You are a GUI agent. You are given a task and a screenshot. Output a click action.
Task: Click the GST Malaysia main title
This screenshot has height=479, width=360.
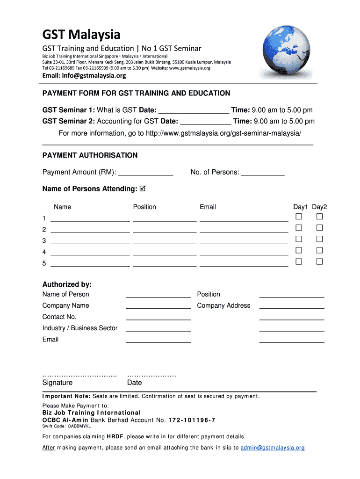pyautogui.click(x=81, y=34)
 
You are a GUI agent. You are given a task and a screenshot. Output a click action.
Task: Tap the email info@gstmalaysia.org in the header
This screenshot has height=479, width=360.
pyautogui.click(x=84, y=76)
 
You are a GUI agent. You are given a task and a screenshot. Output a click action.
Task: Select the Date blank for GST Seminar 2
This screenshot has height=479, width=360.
pyautogui.click(x=205, y=122)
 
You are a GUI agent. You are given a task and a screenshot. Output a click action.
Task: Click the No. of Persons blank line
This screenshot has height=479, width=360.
pyautogui.click(x=263, y=173)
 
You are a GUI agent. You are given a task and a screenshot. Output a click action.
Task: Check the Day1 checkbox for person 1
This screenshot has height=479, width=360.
pyautogui.click(x=299, y=217)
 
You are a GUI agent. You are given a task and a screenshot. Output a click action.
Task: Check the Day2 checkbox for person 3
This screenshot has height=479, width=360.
pyautogui.click(x=319, y=239)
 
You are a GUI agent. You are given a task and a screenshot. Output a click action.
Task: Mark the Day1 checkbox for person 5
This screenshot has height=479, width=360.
pyautogui.click(x=299, y=261)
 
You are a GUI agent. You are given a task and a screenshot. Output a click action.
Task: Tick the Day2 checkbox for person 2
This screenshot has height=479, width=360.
pyautogui.click(x=319, y=228)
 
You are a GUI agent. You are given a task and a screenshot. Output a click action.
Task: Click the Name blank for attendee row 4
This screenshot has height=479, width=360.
pyautogui.click(x=90, y=252)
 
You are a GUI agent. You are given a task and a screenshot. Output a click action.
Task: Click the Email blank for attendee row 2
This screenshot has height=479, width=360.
pyautogui.click(x=244, y=230)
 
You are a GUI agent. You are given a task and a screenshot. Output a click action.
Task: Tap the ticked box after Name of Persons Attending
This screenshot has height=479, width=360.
pyautogui.click(x=143, y=189)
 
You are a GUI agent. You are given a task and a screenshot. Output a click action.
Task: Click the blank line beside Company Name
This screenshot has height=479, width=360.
pyautogui.click(x=158, y=306)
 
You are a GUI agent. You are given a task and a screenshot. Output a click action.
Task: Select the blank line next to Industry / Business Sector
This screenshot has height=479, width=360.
pyautogui.click(x=158, y=328)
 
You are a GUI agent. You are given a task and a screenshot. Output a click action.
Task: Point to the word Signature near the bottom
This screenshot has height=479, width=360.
pyautogui.click(x=58, y=383)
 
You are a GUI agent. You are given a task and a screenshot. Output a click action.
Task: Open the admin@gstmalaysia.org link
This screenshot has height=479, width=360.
pyautogui.click(x=273, y=448)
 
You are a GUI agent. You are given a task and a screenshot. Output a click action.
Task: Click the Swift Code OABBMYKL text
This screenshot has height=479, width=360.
pyautogui.click(x=66, y=427)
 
